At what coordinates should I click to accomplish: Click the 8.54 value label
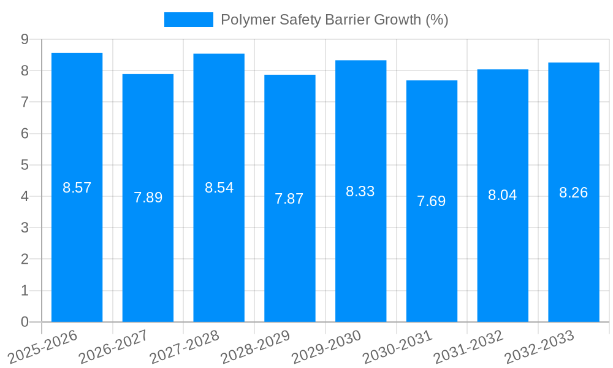(x=219, y=188)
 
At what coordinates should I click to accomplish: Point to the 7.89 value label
(x=148, y=197)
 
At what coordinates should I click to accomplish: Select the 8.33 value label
(x=360, y=191)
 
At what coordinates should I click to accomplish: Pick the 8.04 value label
(x=503, y=195)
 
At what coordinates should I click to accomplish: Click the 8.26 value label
(x=574, y=193)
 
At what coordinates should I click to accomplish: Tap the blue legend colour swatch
(x=188, y=20)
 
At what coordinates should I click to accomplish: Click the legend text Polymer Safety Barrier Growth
(x=334, y=20)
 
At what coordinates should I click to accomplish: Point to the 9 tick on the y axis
(x=25, y=39)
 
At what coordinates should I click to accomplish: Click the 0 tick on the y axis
(x=25, y=322)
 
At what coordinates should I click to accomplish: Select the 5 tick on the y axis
(x=25, y=165)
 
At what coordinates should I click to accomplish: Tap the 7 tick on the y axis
(x=25, y=102)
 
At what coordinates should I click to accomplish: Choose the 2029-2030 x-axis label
(x=327, y=346)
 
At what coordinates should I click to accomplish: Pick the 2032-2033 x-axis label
(x=539, y=346)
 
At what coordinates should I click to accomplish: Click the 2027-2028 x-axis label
(x=185, y=346)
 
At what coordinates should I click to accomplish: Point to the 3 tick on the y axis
(x=25, y=228)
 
